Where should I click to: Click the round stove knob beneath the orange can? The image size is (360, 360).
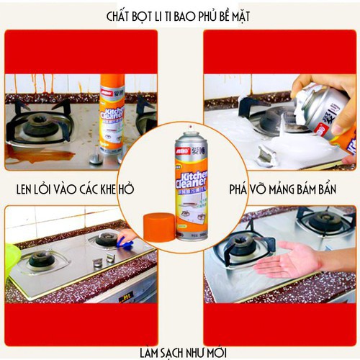pos(96,154)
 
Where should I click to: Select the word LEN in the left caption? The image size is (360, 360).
pos(28,189)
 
